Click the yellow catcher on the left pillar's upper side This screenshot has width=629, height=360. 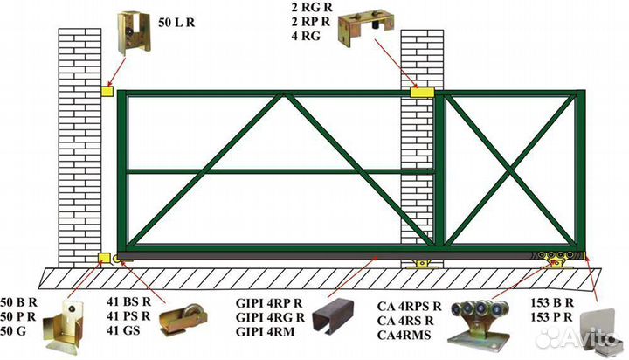coord(107,90)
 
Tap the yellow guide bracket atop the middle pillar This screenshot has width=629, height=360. coord(422,91)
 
